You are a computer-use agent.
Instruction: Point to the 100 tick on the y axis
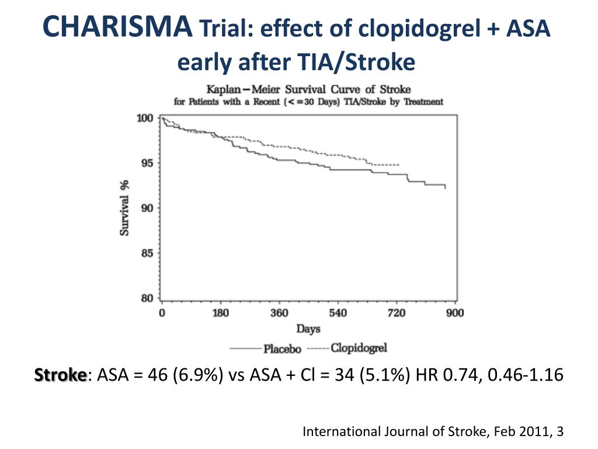[145, 119]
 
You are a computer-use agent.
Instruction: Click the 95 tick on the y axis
[147, 163]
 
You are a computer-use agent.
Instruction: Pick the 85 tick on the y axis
[147, 253]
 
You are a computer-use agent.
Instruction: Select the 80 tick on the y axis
[147, 298]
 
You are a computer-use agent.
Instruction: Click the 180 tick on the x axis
[221, 313]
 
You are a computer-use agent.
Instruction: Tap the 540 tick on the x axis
[338, 313]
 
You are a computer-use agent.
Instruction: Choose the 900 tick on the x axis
[455, 313]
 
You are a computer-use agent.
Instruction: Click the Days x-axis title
[308, 329]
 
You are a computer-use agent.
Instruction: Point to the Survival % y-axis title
[125, 208]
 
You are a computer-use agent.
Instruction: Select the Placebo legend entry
[282, 349]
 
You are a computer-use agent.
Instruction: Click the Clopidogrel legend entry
[359, 348]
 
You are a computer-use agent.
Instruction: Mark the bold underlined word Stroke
[60, 375]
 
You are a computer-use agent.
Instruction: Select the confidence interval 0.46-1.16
[525, 375]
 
